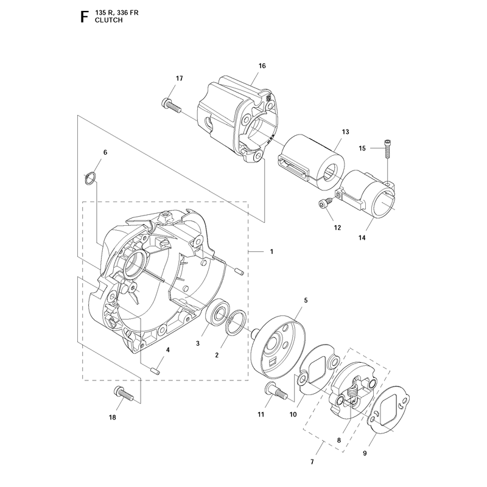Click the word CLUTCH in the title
109,20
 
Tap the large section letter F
84,17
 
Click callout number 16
262,66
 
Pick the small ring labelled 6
90,179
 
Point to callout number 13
346,132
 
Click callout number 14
362,238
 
